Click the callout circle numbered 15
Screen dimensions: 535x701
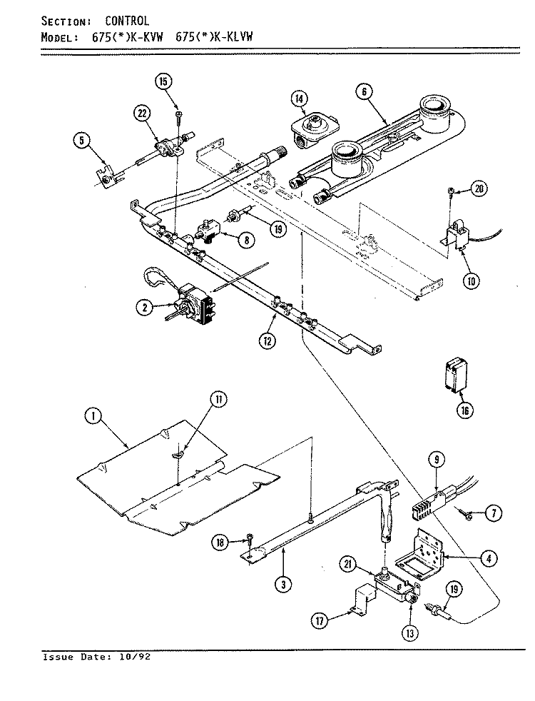(163, 81)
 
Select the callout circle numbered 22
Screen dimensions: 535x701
(142, 114)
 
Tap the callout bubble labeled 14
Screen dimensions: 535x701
(300, 99)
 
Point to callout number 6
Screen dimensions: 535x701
(365, 91)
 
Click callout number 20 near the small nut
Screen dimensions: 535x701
(478, 188)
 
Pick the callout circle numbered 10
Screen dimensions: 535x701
(472, 281)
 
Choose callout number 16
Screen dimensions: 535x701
(464, 410)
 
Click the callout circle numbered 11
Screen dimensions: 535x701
(218, 400)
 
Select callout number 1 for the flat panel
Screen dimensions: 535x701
(93, 417)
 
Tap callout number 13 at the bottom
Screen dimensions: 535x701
(410, 632)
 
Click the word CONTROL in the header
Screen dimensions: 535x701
(127, 21)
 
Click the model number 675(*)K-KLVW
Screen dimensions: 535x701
(214, 36)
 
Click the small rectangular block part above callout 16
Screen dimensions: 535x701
(456, 375)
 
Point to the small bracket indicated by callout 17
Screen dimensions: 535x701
(364, 602)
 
